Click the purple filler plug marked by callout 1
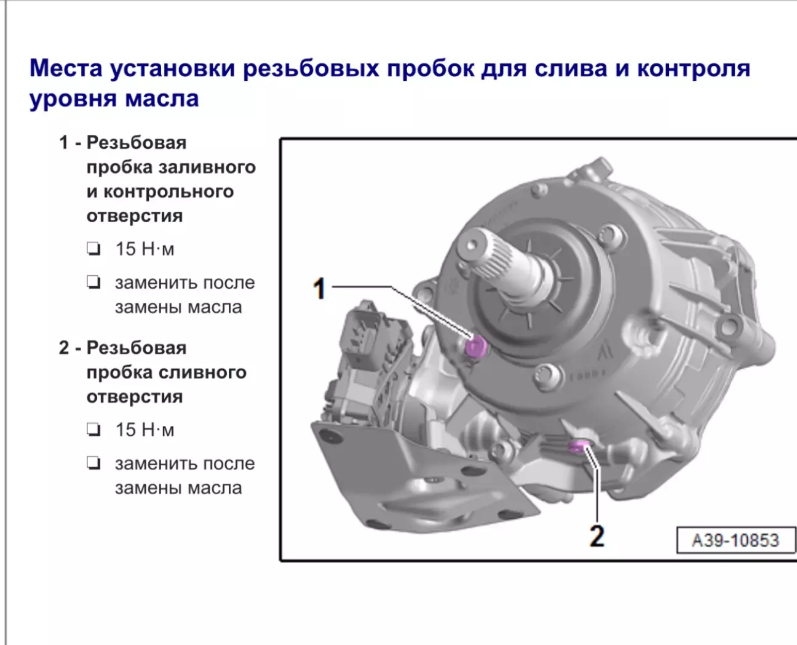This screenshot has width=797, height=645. (475, 346)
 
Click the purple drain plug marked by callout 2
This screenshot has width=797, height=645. (579, 446)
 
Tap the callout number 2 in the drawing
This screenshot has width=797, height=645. (597, 536)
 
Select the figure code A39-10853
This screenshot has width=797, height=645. (736, 540)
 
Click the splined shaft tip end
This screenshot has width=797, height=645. (472, 245)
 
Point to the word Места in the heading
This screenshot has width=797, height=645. (66, 68)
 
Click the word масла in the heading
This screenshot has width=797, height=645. (162, 99)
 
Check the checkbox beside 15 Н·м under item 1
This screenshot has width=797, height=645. (93, 249)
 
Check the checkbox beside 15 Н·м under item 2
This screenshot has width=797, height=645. (93, 430)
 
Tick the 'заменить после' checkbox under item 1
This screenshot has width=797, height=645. (93, 282)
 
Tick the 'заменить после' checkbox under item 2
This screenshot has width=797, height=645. (93, 463)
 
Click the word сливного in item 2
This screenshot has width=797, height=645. (202, 372)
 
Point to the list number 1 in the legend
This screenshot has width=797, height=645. (63, 143)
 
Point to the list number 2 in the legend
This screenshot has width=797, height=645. (64, 348)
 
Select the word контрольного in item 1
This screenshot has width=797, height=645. (169, 191)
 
